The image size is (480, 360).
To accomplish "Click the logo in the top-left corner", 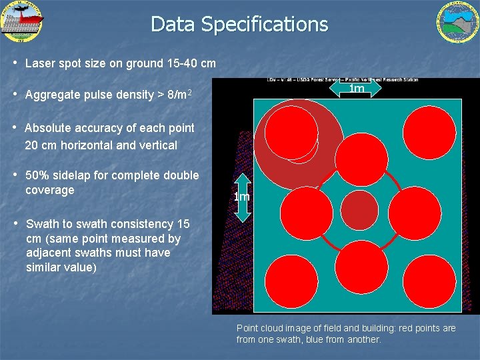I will tap(22, 22).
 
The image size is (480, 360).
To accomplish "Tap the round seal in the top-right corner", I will tap(457, 22).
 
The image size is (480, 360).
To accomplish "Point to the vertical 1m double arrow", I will tap(242, 196).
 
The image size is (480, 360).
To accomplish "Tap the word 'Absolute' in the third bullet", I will tap(47, 127).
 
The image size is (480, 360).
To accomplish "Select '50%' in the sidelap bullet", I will tap(37, 175).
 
